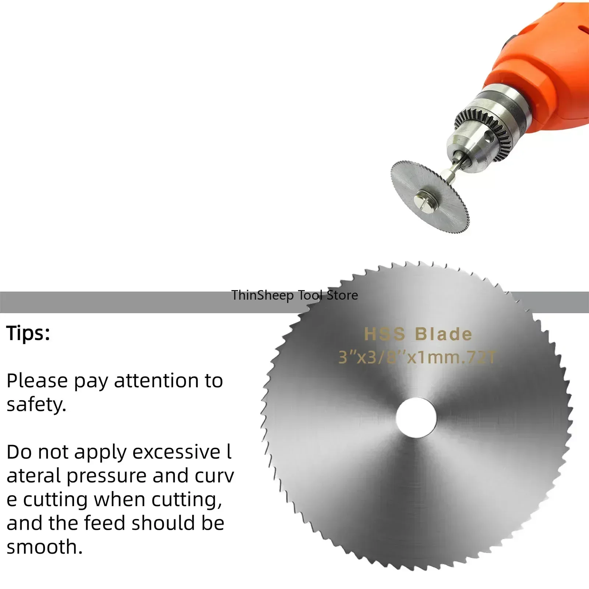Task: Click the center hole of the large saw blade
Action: pos(416,417)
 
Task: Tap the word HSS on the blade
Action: pos(384,334)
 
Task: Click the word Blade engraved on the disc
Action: pos(443,334)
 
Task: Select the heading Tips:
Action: pos(28,333)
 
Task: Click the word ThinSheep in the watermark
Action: pos(262,295)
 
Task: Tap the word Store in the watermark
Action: pos(342,295)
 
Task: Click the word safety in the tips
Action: pos(36,405)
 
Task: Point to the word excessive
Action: pos(176,452)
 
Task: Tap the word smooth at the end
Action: pos(44,547)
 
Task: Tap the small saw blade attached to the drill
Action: pos(430,196)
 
